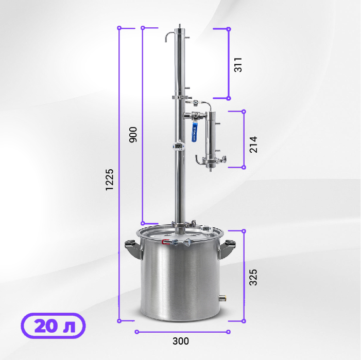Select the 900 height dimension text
[133, 134]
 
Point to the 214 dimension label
[252, 145]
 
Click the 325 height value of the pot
[252, 277]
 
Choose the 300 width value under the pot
[181, 341]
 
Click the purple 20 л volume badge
[53, 326]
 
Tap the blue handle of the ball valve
[196, 133]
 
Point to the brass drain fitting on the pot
[223, 297]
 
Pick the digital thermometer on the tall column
[178, 146]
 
